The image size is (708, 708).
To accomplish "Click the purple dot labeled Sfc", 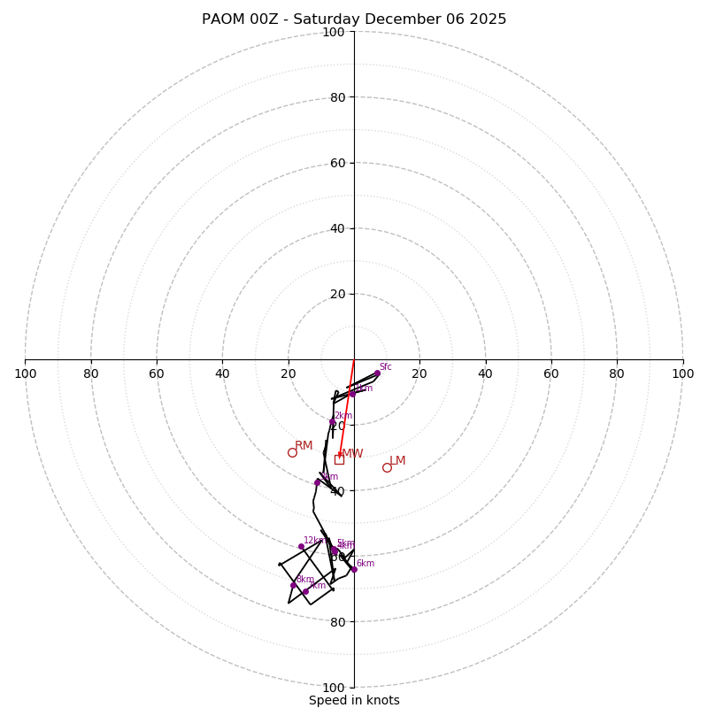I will [377, 373].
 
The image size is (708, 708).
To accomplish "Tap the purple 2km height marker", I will [333, 422].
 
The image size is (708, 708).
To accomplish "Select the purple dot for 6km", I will [354, 570].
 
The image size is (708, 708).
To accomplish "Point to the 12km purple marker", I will [301, 547].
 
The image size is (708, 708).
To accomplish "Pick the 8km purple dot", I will [294, 585].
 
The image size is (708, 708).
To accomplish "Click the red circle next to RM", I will [292, 453].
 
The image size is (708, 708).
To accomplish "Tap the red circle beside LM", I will [387, 467].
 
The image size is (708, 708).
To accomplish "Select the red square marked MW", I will [339, 459].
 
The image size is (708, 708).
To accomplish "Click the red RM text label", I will [304, 446].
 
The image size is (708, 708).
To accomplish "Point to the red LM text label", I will [397, 461].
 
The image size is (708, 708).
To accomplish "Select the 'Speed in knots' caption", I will [354, 701].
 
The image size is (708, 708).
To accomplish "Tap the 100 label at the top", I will [334, 32].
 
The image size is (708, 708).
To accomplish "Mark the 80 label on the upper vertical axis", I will [336, 97].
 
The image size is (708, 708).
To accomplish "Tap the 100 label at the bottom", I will [334, 688].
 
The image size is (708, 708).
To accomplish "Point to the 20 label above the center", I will [336, 294].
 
